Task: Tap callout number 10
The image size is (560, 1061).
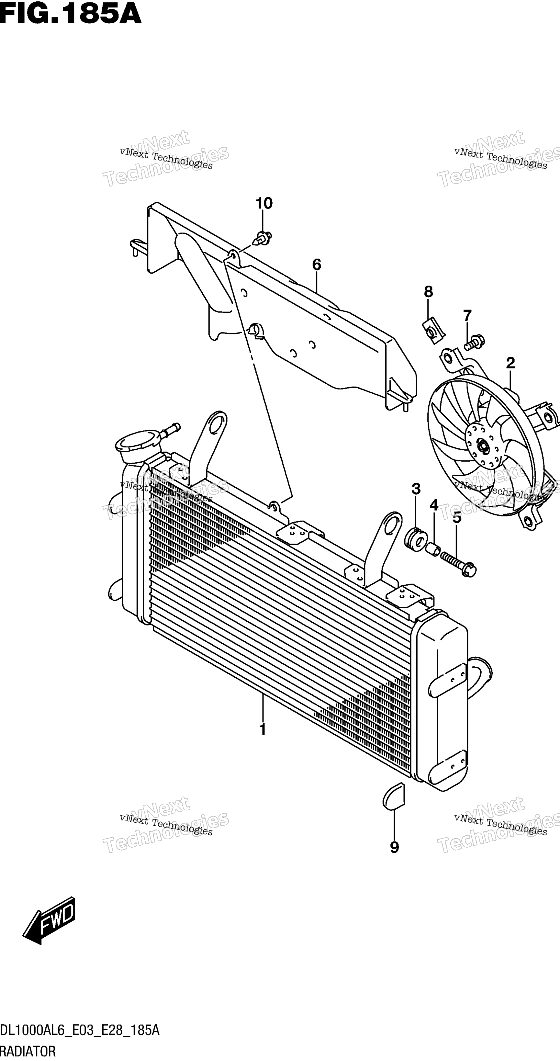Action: [x=264, y=203]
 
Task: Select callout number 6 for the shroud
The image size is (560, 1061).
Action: [x=317, y=265]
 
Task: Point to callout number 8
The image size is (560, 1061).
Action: [x=428, y=292]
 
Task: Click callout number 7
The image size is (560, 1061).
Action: [x=467, y=315]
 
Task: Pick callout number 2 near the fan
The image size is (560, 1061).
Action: [x=510, y=363]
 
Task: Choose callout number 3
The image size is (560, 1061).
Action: [x=416, y=489]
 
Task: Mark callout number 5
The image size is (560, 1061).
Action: [x=457, y=518]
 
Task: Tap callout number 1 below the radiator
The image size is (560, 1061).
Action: [x=262, y=729]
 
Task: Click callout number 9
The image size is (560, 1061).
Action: [x=394, y=847]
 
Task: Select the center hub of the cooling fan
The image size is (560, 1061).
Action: [x=482, y=446]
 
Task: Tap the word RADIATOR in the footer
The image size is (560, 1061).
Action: [x=28, y=1051]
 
